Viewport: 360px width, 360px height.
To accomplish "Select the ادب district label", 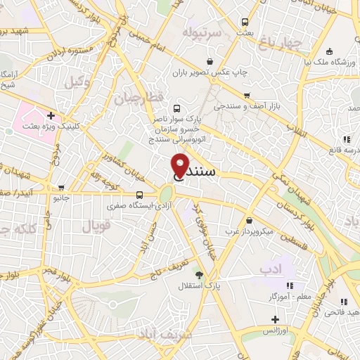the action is (270, 269).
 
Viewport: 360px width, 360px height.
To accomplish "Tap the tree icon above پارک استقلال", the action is (199, 274).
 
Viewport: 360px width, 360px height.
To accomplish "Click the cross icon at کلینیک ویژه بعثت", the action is (50, 115).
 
